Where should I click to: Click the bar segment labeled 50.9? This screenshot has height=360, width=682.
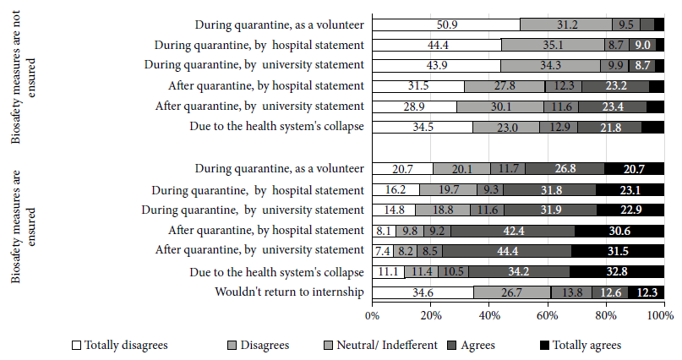tap(446, 25)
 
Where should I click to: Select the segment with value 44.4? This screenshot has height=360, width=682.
tap(437, 45)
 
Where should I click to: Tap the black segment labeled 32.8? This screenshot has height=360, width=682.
tap(617, 272)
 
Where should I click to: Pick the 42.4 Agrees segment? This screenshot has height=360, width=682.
tap(513, 231)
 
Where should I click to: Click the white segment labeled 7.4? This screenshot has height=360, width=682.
tap(383, 251)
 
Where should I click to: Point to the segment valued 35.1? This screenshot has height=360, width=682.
tap(553, 45)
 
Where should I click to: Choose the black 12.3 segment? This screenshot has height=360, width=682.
tap(647, 292)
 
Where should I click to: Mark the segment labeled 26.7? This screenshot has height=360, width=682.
tap(512, 292)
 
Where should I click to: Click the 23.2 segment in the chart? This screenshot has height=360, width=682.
tap(615, 86)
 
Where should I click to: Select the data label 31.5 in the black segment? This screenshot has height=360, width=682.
tap(618, 251)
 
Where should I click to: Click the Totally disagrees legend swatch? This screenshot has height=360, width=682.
tap(77, 346)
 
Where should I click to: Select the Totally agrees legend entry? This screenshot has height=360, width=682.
tap(581, 346)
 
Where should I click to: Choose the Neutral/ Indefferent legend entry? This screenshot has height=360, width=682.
tap(381, 346)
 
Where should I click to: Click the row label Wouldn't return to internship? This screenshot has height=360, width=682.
tap(289, 292)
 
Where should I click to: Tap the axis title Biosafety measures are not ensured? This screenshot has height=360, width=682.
tap(23, 77)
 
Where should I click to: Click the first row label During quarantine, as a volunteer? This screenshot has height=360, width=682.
tap(279, 25)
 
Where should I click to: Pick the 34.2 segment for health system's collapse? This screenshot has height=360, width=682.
tap(519, 272)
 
